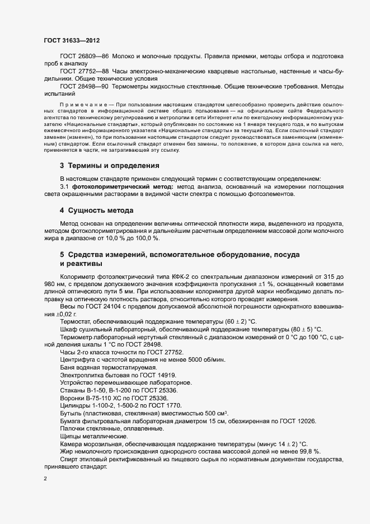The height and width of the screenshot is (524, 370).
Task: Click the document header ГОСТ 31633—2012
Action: pos(71,40)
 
